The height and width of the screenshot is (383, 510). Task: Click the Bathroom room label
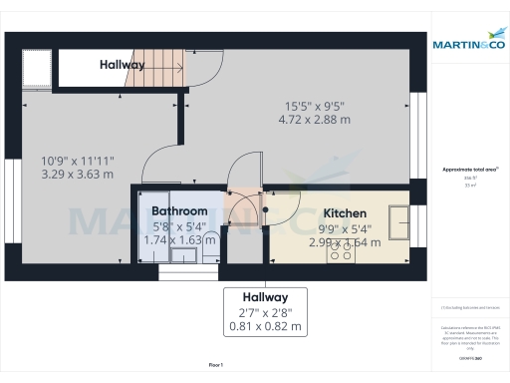click(179, 211)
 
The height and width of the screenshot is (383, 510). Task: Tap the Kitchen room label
click(345, 213)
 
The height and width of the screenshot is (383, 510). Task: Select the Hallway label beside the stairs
click(122, 65)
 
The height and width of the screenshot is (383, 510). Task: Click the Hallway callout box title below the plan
click(264, 297)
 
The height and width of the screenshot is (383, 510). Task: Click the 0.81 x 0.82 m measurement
click(264, 326)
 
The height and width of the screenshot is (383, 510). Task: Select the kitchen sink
click(398, 220)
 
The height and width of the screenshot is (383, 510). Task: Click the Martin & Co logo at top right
click(469, 43)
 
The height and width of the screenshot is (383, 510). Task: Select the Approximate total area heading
click(469, 171)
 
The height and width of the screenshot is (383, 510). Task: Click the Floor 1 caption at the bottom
click(215, 366)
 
